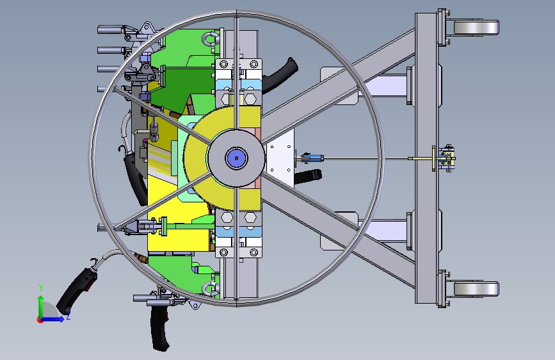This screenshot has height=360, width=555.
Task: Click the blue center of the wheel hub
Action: point(236,158)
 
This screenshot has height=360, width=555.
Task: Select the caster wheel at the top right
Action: point(476,28)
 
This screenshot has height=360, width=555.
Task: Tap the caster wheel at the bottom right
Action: point(476,289)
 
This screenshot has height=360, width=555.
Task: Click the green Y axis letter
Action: point(41,288)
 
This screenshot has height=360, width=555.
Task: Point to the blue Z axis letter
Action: point(68,315)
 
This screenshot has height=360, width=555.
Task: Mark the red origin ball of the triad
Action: point(40,320)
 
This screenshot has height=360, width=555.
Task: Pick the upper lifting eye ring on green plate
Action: point(211,38)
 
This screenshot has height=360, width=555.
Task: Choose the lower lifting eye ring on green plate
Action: point(211,289)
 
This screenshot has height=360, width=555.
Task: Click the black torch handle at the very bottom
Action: point(159,328)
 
